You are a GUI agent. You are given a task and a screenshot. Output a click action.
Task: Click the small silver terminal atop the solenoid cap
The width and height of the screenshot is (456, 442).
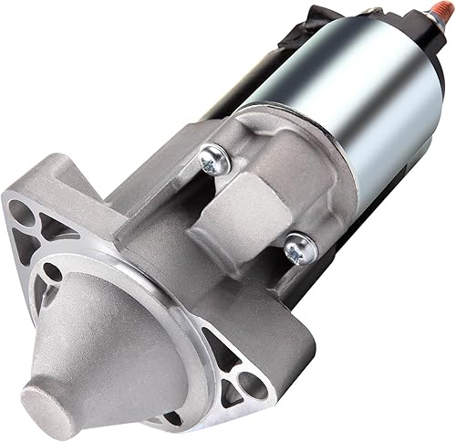368,10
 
